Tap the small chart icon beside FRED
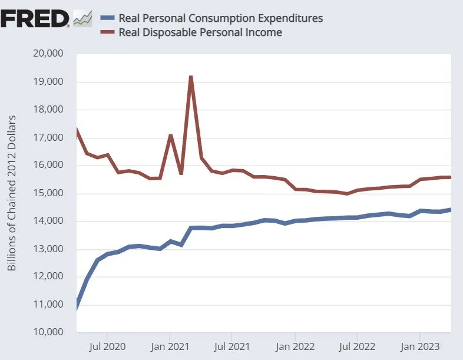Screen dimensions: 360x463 83,19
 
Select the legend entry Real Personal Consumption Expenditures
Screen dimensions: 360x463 220,18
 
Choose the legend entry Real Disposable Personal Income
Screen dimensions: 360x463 200,32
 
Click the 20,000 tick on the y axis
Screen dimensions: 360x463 49,54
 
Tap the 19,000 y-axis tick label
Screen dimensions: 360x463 49,82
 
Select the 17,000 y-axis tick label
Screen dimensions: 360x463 49,138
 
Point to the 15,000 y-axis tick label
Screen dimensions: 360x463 49,193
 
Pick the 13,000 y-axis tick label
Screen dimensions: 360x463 49,249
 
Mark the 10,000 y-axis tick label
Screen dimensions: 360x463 49,332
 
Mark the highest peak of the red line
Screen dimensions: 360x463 191,77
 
